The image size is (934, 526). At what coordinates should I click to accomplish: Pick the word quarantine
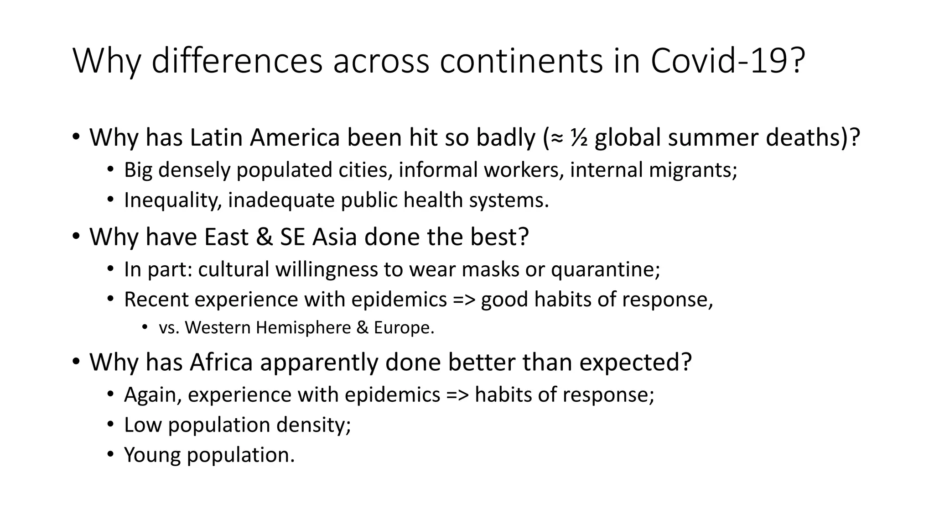tap(605, 269)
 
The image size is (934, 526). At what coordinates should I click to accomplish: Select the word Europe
tap(404, 328)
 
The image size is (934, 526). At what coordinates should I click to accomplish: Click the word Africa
tap(221, 362)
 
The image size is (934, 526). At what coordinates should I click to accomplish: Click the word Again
tap(153, 394)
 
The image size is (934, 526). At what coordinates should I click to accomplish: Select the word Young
tap(152, 455)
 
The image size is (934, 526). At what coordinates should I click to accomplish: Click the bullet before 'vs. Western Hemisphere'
tap(145, 327)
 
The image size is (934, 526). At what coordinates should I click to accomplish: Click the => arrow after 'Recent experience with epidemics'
tap(464, 300)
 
